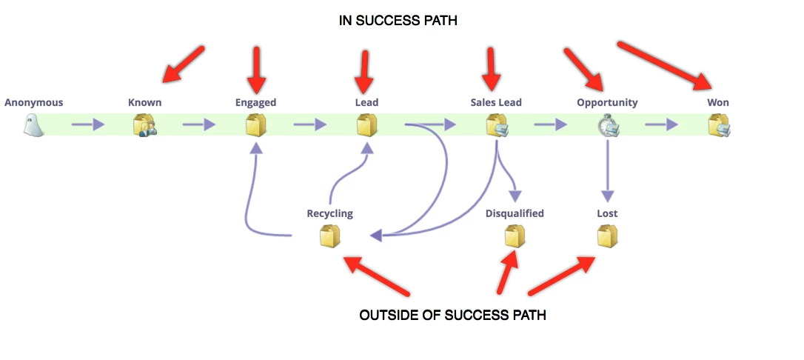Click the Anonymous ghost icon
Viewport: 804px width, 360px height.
pyautogui.click(x=34, y=125)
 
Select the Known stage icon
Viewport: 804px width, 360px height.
pyautogui.click(x=145, y=125)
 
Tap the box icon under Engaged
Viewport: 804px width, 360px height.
pyautogui.click(x=256, y=125)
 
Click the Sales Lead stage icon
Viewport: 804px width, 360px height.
pyautogui.click(x=497, y=125)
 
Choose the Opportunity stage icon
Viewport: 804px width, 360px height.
pyautogui.click(x=608, y=125)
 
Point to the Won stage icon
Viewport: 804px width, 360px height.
pyautogui.click(x=719, y=125)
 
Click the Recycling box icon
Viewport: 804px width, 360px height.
pyautogui.click(x=330, y=236)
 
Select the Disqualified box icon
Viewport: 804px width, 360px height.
pyautogui.click(x=515, y=236)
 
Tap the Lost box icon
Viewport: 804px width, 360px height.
pyautogui.click(x=608, y=236)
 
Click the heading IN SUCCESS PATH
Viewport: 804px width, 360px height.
pyautogui.click(x=398, y=21)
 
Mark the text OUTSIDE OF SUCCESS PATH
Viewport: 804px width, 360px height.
pyautogui.click(x=452, y=316)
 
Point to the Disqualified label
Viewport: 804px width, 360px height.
pyautogui.click(x=515, y=213)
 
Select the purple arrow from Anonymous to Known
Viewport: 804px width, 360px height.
pyautogui.click(x=89, y=124)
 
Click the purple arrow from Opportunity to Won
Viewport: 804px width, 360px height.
pyautogui.click(x=662, y=124)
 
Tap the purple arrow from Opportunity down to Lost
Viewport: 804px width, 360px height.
pyautogui.click(x=608, y=170)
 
